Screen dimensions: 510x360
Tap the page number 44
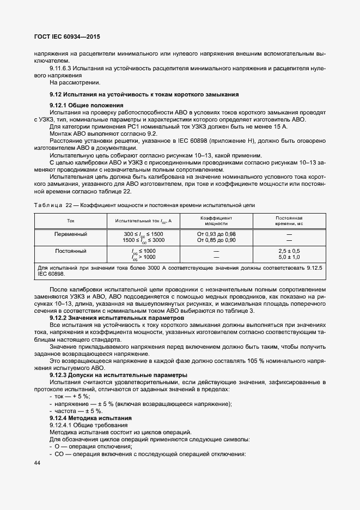[x=38, y=463]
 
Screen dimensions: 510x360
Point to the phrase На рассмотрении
[x=75, y=83]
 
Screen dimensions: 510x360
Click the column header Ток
[x=71, y=220]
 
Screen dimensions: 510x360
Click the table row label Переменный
[x=71, y=234]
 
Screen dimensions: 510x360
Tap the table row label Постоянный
[x=71, y=251]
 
